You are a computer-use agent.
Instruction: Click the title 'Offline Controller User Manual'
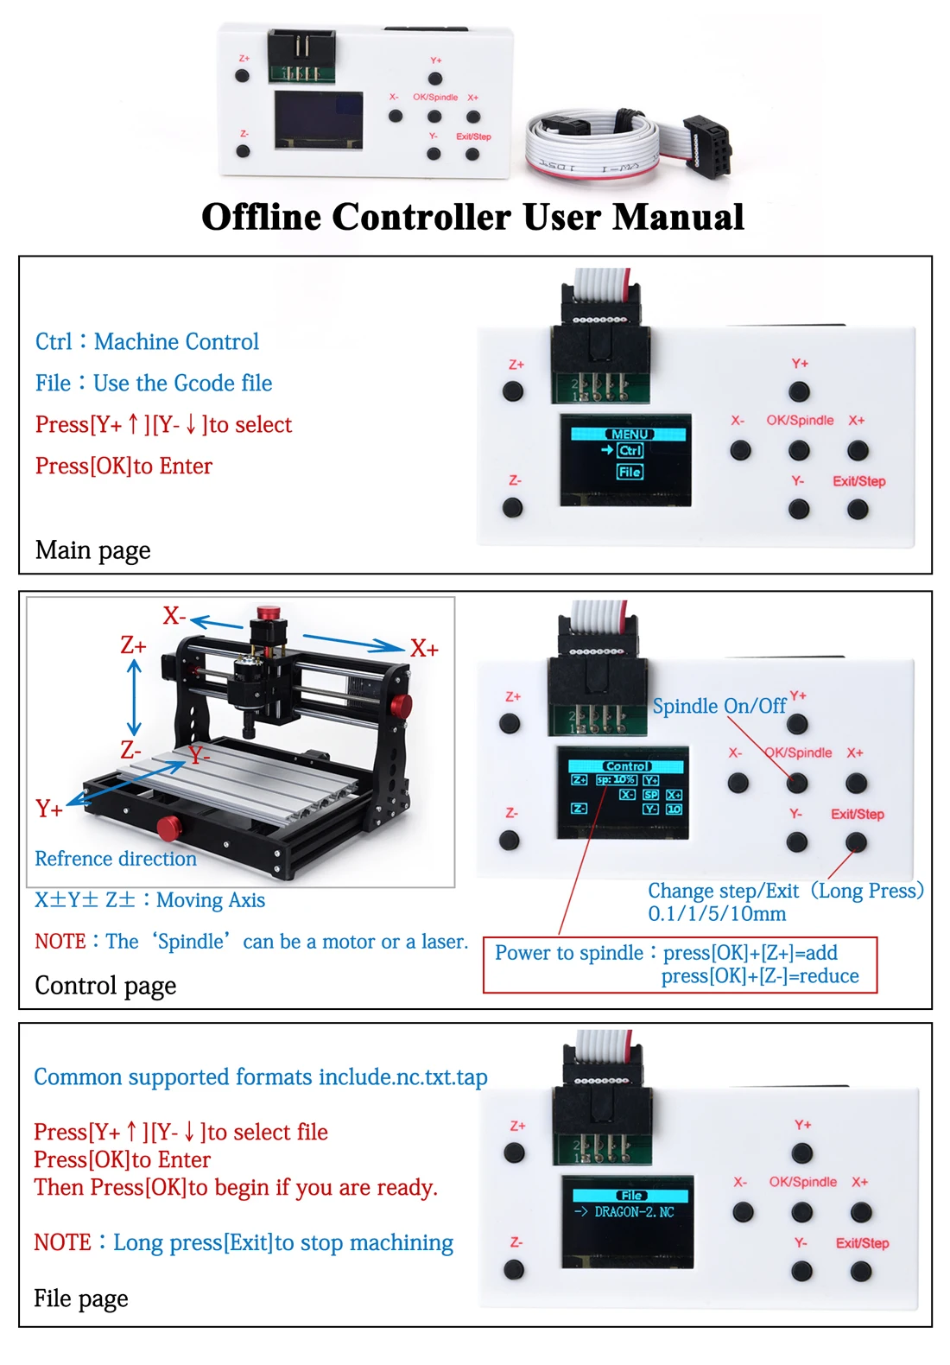472,217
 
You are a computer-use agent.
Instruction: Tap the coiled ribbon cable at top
596,143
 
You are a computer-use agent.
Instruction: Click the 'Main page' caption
92,550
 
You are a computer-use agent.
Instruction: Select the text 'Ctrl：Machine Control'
147,342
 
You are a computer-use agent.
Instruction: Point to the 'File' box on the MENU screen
630,472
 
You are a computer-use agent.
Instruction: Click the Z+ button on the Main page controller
513,391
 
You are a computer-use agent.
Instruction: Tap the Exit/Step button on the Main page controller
858,510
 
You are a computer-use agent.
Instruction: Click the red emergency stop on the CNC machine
269,613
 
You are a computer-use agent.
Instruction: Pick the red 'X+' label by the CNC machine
424,649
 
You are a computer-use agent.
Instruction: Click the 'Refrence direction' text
116,859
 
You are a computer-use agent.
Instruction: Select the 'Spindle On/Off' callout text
719,707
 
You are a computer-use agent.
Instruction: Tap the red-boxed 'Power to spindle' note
680,964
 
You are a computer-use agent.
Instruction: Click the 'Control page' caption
105,986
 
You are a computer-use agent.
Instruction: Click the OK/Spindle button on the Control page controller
797,784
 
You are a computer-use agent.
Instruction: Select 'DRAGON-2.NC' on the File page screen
634,1212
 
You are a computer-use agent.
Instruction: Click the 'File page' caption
80,1298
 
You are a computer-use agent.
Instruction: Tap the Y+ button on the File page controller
802,1153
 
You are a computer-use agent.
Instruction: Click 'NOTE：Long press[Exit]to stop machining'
244,1243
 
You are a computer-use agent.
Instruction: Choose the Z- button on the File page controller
514,1270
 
